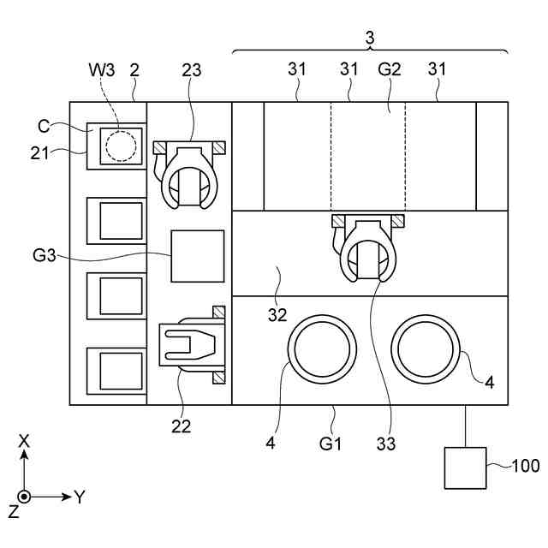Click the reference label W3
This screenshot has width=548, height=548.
pos(101,70)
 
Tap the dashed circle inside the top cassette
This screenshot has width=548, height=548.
pos(121,146)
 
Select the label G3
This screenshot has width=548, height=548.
pos(44,255)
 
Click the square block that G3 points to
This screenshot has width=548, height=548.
pos(198,256)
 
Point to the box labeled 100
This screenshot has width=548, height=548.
pos(465,468)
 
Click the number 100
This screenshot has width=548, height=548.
pos(526,466)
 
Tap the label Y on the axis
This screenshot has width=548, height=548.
pos(80,497)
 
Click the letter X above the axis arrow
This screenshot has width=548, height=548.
pos(24,442)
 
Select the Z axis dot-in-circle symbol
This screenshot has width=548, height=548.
pos(24,497)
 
